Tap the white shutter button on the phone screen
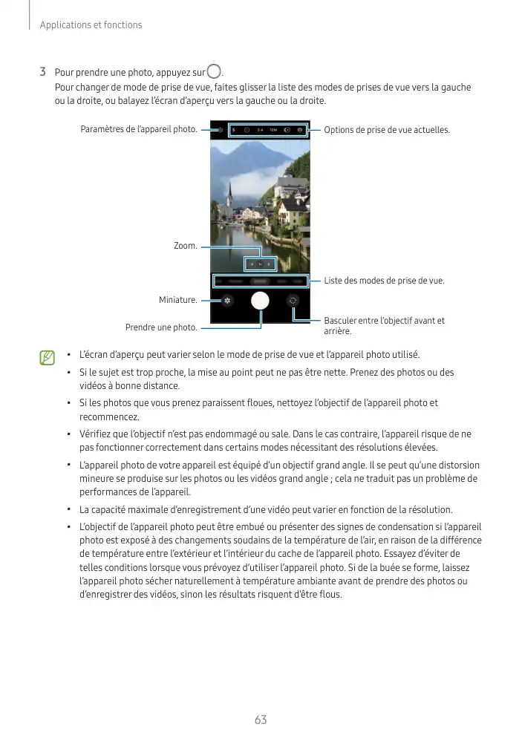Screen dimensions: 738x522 (x=260, y=301)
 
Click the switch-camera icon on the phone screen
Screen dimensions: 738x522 (x=293, y=301)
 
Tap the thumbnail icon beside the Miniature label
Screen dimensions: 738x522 (x=226, y=301)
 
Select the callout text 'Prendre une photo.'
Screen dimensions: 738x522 (x=161, y=327)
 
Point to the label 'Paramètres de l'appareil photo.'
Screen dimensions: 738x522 (x=139, y=130)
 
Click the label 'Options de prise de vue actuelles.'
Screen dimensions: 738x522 (x=387, y=130)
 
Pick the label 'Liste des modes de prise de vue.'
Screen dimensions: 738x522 (x=384, y=281)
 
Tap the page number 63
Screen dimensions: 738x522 (x=261, y=719)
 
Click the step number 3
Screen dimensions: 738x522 (x=43, y=73)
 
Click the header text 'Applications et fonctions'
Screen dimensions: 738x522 (x=91, y=25)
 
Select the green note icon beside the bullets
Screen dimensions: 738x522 (x=48, y=359)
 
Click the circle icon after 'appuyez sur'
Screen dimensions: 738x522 (x=215, y=72)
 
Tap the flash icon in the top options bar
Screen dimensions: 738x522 (x=233, y=130)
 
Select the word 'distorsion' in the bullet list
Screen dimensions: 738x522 (x=454, y=466)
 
